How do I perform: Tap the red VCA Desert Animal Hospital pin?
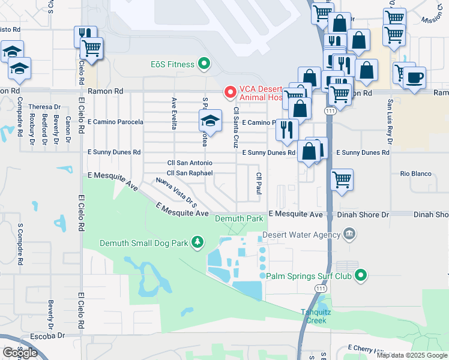pos(229,92)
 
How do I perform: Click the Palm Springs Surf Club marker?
pos(360,276)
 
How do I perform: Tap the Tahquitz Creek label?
pos(314,316)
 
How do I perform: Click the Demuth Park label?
pos(240,219)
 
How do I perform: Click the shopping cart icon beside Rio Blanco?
pos(342,179)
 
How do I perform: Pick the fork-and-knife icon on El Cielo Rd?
pos(85,35)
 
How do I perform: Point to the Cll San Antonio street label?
pos(189,163)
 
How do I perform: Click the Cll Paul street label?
pos(259,183)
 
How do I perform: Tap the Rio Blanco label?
pos(415,174)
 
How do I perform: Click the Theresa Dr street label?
pos(41,107)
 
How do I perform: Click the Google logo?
pos(20,353)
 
